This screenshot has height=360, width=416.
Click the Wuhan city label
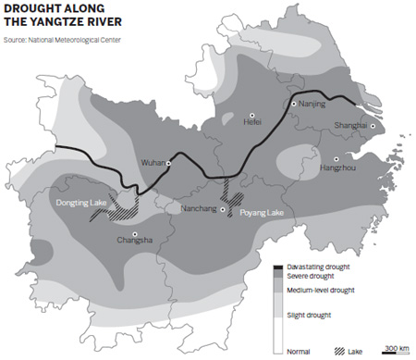pyautogui.click(x=152, y=163)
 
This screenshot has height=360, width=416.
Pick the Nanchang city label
pyautogui.click(x=197, y=210)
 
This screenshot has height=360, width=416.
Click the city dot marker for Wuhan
pyautogui.click(x=170, y=163)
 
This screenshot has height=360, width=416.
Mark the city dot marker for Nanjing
pyautogui.click(x=294, y=105)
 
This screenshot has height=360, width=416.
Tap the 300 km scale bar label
pyautogui.click(x=397, y=347)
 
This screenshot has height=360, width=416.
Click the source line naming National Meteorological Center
pyautogui.click(x=63, y=40)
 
